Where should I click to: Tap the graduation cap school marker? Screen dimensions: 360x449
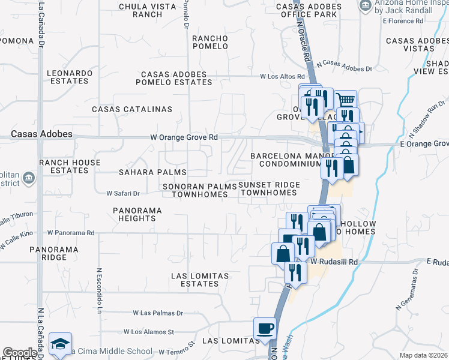tap(60, 344)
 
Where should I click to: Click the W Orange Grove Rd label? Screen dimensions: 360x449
tap(184, 137)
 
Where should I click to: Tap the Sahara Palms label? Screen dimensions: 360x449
tap(144, 172)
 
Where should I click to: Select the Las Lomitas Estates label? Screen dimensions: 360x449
tap(200, 280)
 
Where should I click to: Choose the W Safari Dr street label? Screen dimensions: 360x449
tap(123, 193)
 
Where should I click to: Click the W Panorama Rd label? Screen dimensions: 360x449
tap(71, 232)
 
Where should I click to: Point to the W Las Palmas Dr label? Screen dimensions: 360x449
tap(158, 313)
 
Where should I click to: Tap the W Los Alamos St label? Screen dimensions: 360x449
tap(148, 331)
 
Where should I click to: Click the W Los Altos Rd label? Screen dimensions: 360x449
tap(283, 77)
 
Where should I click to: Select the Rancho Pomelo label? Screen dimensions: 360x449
tap(210, 43)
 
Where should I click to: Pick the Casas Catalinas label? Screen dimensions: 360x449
tap(132, 109)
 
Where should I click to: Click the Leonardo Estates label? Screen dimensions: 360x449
tap(71, 76)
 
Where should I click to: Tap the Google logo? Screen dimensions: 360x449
tap(20, 353)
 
